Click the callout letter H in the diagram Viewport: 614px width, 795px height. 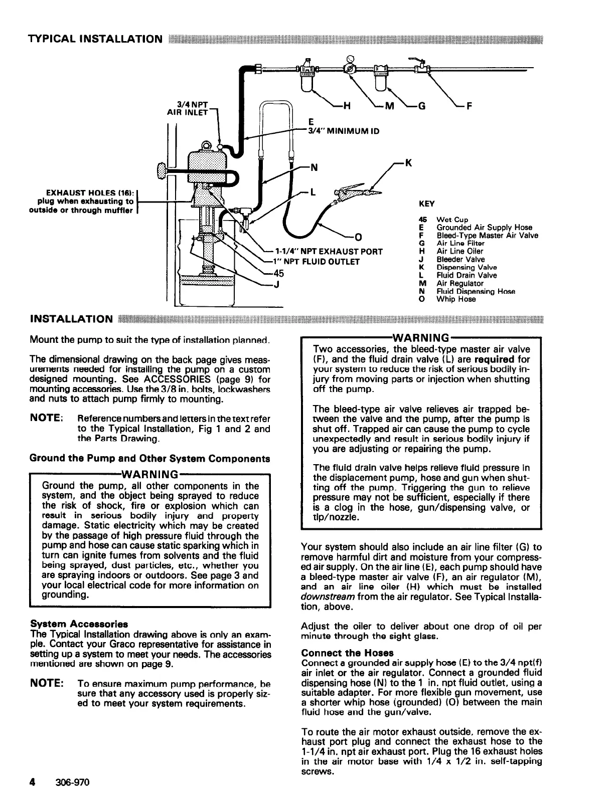point(346,106)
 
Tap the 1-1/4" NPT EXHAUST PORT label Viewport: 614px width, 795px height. point(329,251)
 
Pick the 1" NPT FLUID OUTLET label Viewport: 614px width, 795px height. point(317,262)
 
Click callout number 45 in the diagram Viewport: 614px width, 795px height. point(278,273)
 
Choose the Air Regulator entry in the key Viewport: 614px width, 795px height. point(459,283)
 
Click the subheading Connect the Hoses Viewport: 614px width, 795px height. point(347,653)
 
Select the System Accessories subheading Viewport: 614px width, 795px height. point(79,624)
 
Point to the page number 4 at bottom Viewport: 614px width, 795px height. point(32,781)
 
